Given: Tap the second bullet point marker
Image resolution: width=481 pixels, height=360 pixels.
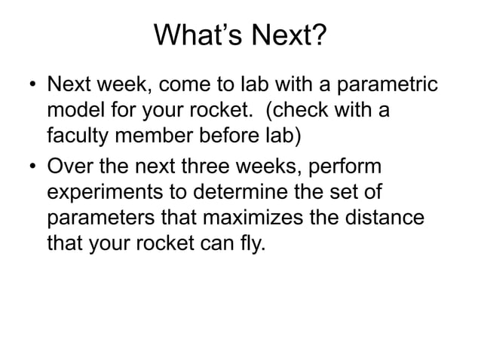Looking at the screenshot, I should [29, 166].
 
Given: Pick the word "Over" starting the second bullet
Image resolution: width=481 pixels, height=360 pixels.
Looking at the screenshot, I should [72, 165].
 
